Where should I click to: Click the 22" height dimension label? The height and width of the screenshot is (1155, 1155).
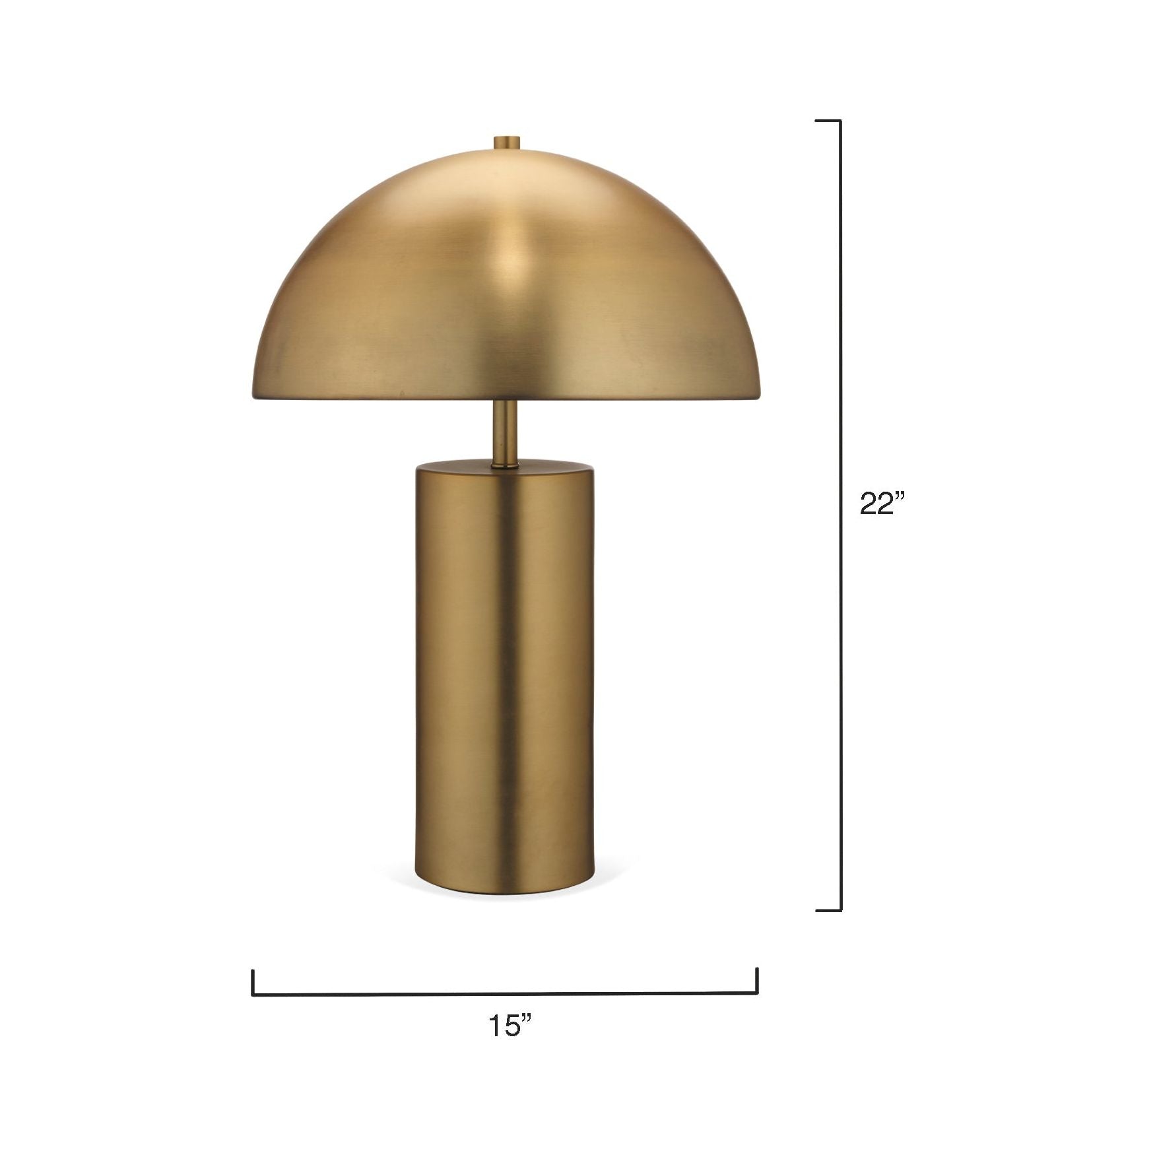point(880,504)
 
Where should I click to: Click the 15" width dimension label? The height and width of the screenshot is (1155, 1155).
point(510,1045)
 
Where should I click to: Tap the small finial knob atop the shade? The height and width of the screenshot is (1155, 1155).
point(507,143)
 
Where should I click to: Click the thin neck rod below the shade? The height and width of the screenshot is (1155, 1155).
point(506,432)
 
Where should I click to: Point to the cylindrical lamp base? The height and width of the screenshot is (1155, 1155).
point(505,680)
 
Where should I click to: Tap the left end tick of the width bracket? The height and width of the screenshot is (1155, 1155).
point(253,982)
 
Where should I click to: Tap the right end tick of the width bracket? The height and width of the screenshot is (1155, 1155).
point(757,981)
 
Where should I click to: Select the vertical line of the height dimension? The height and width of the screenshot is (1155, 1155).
point(841,515)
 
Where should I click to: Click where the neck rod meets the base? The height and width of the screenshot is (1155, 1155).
point(506,466)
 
